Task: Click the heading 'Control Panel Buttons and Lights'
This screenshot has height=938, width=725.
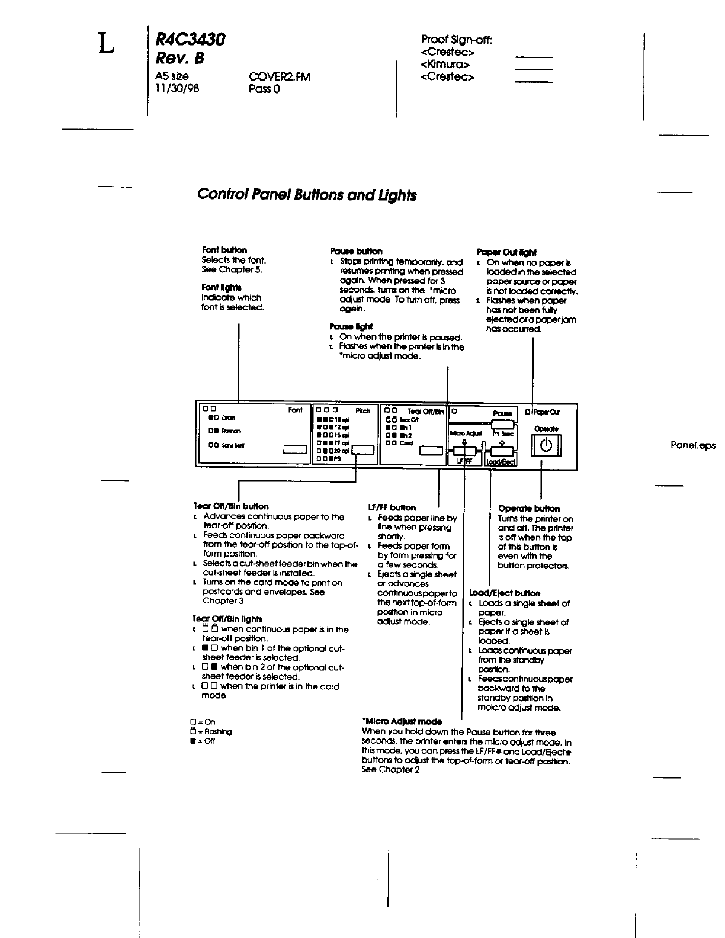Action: coord(307,195)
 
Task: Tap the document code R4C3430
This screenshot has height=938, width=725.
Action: coord(190,40)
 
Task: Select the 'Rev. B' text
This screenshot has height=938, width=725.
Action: coord(179,59)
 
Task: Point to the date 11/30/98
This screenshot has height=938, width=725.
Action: coord(177,89)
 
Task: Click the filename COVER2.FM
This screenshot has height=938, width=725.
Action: coord(280,77)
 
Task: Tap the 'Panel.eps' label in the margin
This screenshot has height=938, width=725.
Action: coord(692,446)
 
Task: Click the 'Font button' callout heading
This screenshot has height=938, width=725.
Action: coord(224,250)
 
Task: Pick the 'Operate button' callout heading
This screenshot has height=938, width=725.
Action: coord(529,508)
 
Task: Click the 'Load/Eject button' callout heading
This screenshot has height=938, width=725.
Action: coord(505,593)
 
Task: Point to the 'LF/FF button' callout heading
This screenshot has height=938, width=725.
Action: coord(392,507)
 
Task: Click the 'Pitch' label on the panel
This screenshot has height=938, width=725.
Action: coord(362,410)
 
